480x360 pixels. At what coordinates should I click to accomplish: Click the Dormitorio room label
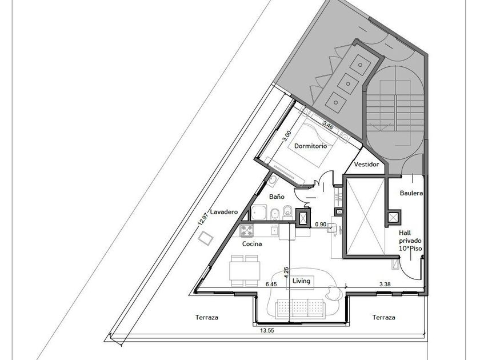310,146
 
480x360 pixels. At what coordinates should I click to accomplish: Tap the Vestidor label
366,165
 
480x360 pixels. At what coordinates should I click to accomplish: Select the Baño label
277,197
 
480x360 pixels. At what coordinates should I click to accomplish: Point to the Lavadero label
224,212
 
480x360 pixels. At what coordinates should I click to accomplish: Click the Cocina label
252,244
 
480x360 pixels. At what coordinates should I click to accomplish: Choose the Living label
301,281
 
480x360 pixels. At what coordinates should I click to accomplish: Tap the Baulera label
411,193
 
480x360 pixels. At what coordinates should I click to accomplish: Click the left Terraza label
207,318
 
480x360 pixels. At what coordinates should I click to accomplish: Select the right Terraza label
384,318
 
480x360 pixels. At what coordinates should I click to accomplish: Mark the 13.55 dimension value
267,331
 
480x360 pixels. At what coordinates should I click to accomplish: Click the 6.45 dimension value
271,285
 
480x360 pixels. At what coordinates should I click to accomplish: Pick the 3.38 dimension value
385,285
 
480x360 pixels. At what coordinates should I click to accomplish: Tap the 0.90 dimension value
321,225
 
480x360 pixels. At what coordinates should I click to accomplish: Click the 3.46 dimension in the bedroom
328,125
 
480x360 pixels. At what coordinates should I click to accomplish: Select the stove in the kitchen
247,230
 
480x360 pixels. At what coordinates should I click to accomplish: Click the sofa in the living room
301,308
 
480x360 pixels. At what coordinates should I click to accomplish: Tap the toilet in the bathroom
288,213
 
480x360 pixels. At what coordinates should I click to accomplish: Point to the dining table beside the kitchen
245,270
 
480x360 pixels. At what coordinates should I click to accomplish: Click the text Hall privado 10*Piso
410,241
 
